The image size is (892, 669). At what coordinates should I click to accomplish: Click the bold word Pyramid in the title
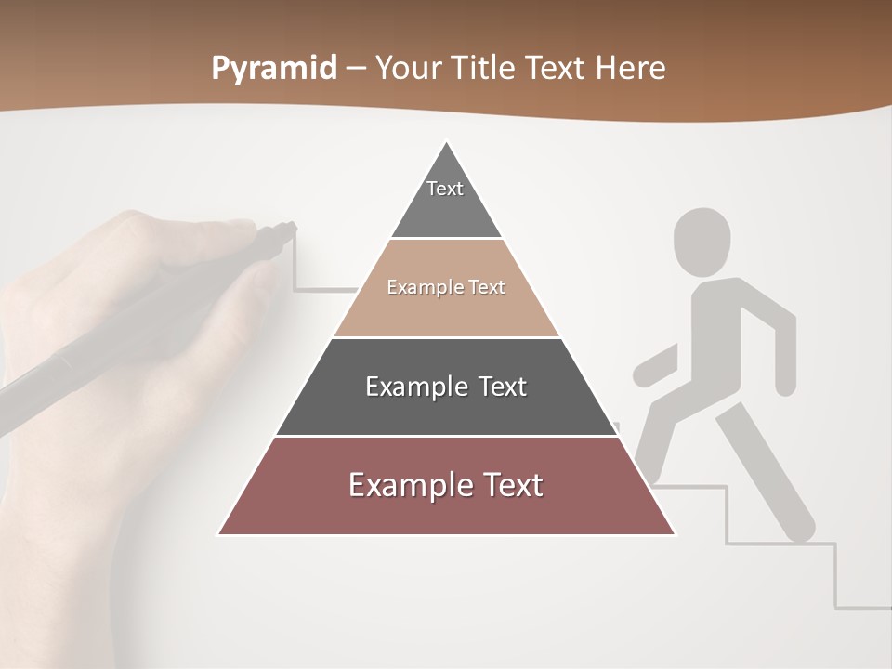coord(274,69)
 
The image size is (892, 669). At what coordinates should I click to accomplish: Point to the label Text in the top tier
coord(445,189)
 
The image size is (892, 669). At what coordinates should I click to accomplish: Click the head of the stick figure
coord(702,242)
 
